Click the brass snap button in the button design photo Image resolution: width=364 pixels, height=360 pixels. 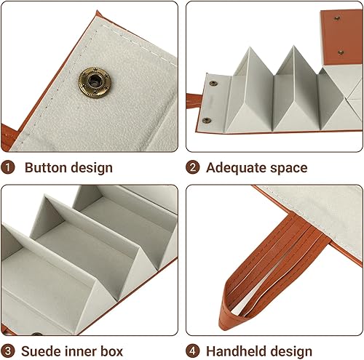(95, 82)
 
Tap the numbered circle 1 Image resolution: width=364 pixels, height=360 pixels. (8, 167)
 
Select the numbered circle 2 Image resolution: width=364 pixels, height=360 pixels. (193, 167)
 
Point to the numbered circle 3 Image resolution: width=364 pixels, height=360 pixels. (8, 351)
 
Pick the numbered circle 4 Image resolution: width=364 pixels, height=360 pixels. (193, 351)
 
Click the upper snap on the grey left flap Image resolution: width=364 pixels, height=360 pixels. (213, 84)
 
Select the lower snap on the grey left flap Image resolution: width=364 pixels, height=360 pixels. (207, 120)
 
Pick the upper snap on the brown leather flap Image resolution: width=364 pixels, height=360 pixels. (337, 18)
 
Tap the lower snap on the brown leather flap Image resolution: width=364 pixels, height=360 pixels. (341, 52)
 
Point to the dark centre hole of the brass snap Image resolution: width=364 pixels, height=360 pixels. (94, 81)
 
